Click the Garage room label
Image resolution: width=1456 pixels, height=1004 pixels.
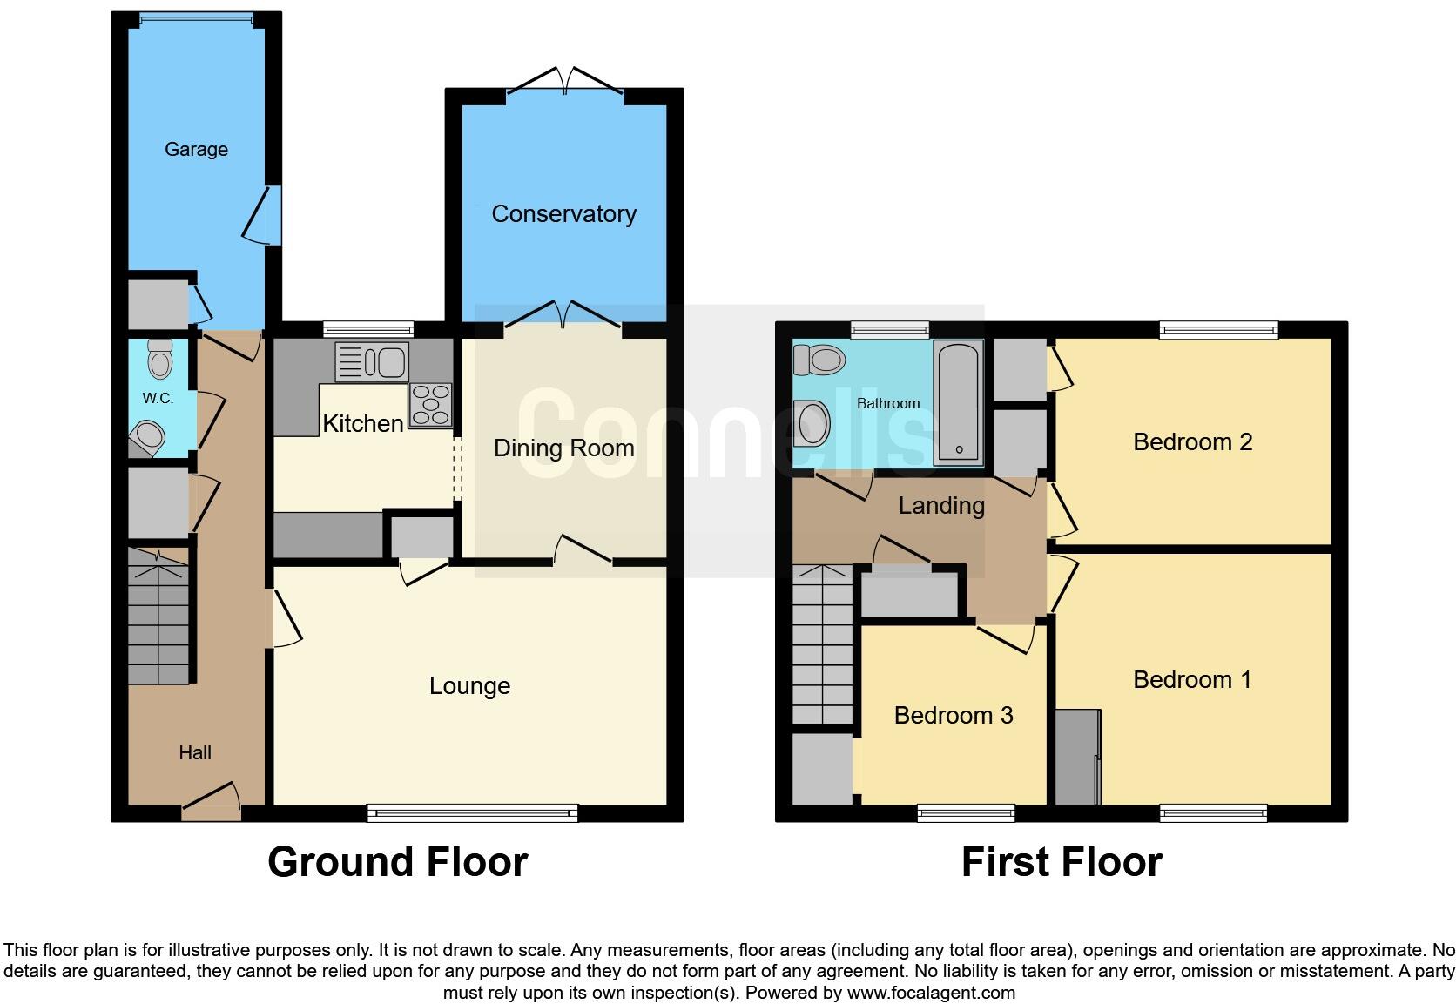[196, 150]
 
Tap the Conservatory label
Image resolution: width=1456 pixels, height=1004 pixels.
[563, 214]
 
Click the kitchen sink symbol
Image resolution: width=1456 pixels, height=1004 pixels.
[372, 361]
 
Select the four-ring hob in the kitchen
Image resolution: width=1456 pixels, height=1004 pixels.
[430, 405]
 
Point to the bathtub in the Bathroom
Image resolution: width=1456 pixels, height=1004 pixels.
[958, 401]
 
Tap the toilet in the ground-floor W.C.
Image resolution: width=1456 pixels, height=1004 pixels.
[159, 358]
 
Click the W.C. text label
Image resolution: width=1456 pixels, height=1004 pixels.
[158, 399]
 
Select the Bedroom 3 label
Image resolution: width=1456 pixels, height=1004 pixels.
[953, 716]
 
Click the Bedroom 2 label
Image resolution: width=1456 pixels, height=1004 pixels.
[1192, 442]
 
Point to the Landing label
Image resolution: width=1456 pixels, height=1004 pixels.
[941, 506]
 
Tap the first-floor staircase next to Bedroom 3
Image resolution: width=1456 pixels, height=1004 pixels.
[822, 645]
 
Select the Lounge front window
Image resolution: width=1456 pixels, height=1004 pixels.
[473, 813]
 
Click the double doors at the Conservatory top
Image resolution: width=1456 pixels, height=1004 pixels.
[564, 81]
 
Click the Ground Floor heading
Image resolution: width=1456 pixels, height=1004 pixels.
[397, 862]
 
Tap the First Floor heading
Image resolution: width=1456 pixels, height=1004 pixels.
[1062, 862]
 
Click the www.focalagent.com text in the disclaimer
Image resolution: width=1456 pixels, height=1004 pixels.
[930, 993]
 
